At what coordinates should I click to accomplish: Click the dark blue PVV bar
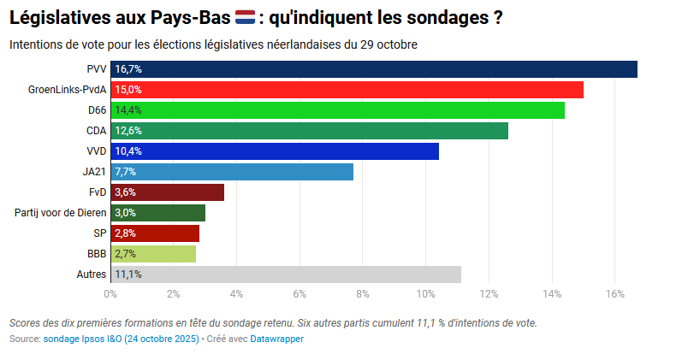click(x=374, y=69)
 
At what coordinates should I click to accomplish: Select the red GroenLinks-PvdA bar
click(x=347, y=90)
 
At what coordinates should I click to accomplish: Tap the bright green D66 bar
click(x=337, y=110)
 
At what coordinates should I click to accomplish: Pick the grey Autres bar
click(x=285, y=274)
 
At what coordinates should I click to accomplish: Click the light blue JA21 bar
click(x=232, y=172)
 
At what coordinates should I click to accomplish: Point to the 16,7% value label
click(x=128, y=69)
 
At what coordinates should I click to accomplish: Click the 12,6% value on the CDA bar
click(x=128, y=131)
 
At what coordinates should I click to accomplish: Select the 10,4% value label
click(x=128, y=151)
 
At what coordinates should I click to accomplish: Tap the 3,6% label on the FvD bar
click(x=126, y=192)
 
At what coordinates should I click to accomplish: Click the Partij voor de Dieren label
click(x=61, y=213)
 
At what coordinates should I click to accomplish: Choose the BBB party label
click(x=97, y=254)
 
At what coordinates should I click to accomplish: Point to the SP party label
click(x=99, y=233)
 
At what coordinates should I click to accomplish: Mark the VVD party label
click(x=96, y=151)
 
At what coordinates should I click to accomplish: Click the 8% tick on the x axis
click(x=363, y=294)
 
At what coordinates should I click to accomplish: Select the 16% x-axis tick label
click(x=614, y=294)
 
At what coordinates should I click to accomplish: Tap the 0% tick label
click(x=110, y=294)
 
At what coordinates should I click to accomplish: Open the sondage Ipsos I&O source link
click(x=121, y=339)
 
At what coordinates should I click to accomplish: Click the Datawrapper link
click(x=276, y=339)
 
